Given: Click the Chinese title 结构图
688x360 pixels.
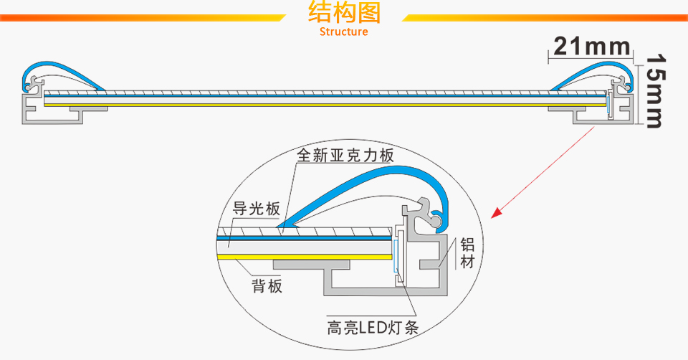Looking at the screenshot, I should (x=344, y=13).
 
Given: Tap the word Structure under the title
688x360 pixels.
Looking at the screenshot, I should (x=344, y=32).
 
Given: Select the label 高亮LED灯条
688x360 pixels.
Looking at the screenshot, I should (x=373, y=328).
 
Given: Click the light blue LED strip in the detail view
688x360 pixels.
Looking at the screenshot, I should (x=395, y=255).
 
